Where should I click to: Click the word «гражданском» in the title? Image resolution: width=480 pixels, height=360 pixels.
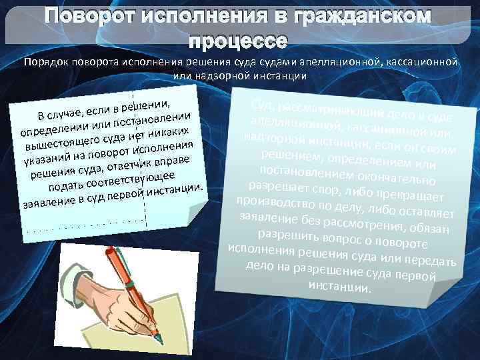tap(366, 15)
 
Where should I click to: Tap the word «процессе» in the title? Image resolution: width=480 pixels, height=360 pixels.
tap(239, 40)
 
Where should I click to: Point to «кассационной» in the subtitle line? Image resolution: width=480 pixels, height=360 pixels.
tap(419, 62)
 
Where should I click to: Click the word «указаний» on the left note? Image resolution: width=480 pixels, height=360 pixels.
tap(44, 160)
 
